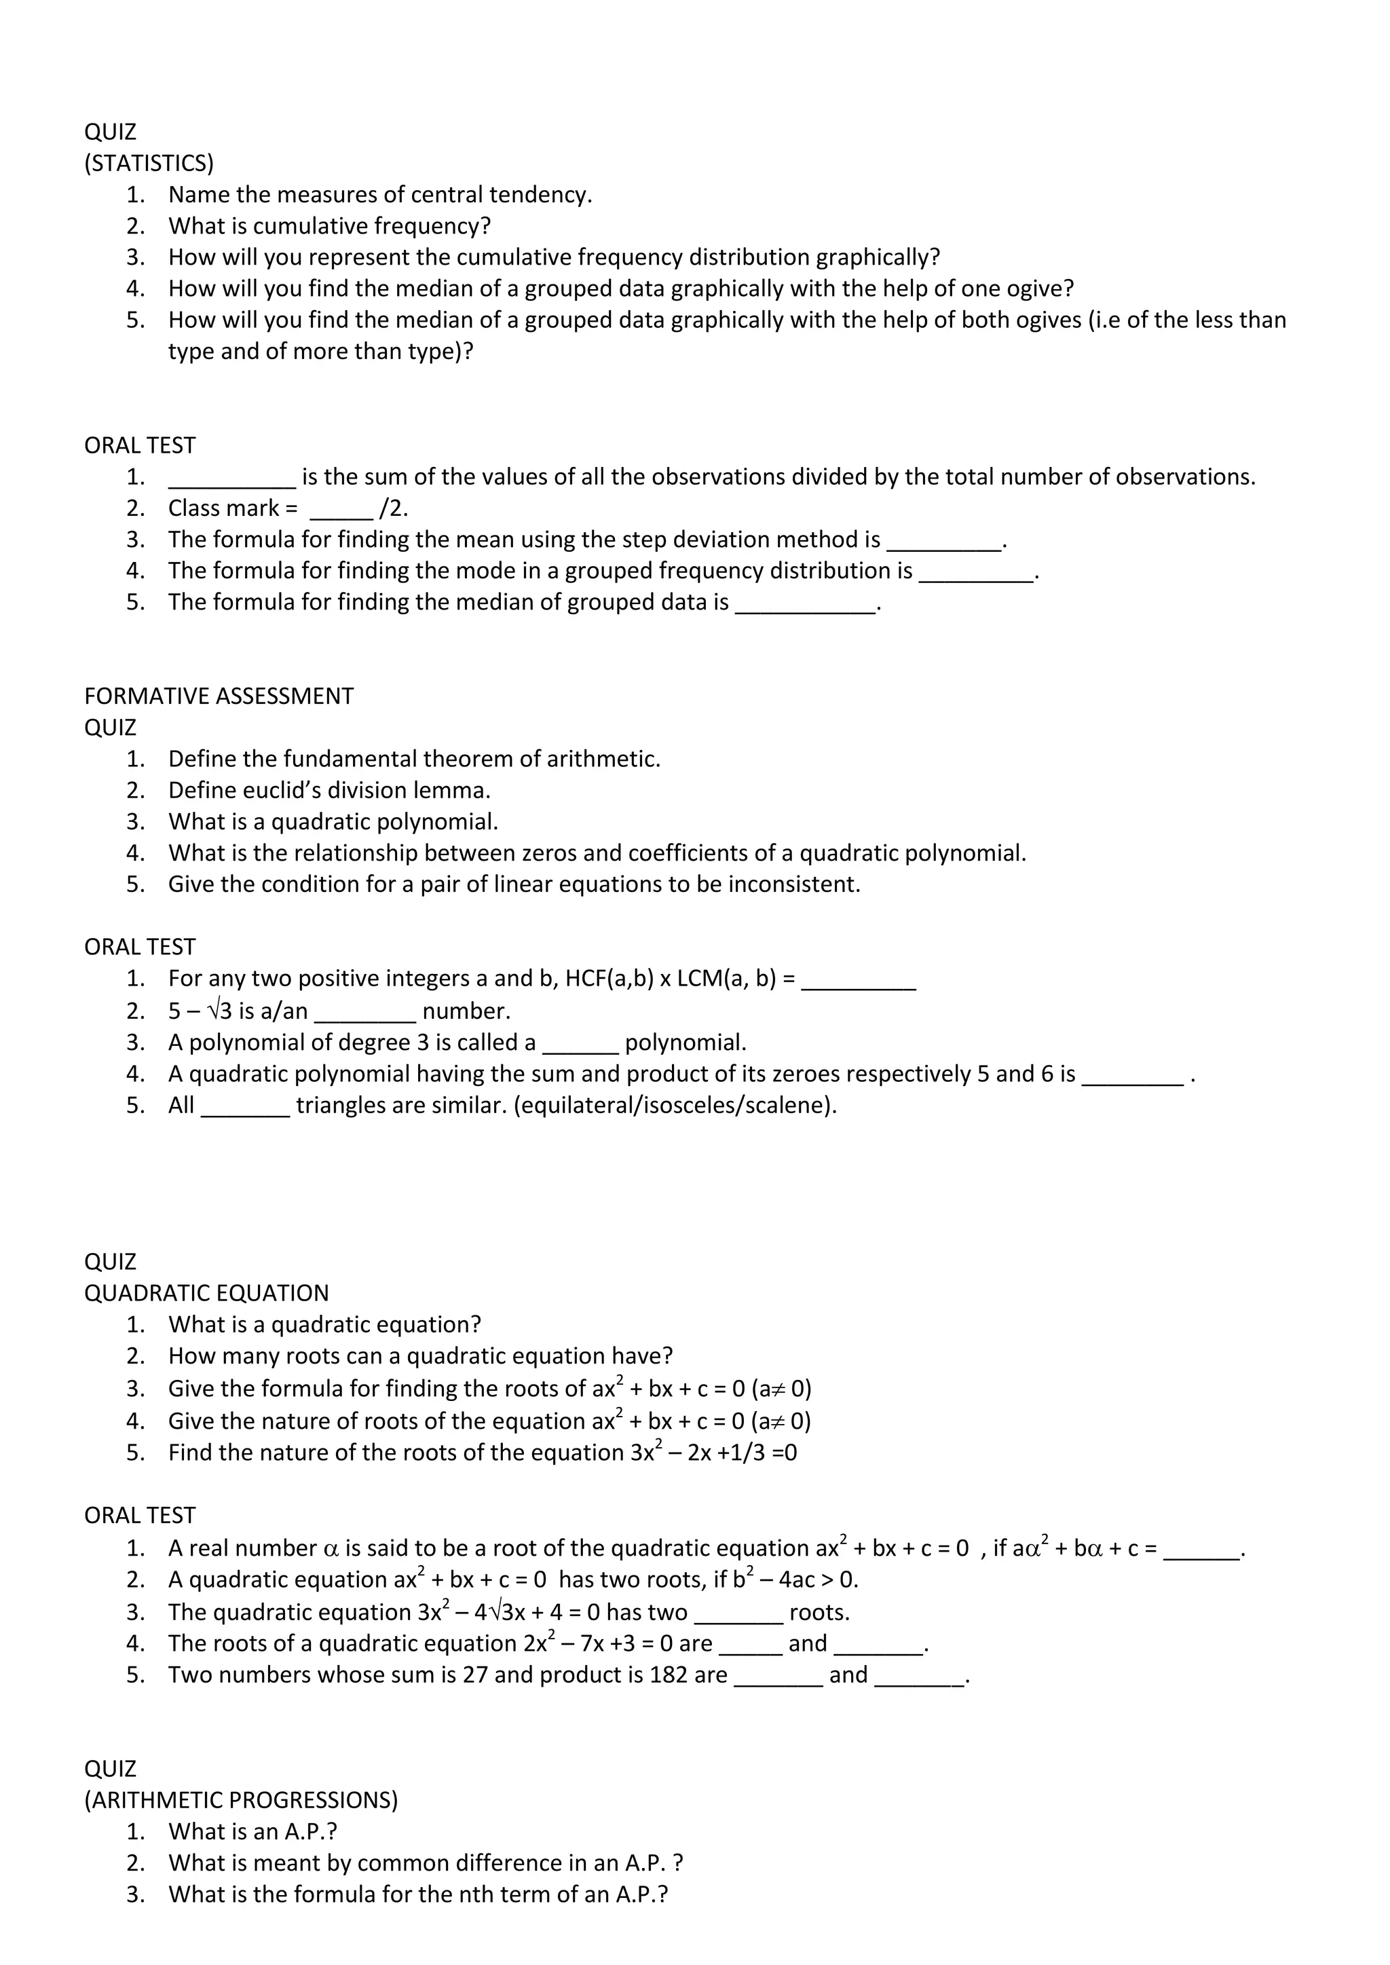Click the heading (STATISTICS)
coord(149,163)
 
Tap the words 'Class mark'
coord(223,508)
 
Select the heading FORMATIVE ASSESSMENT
coord(219,696)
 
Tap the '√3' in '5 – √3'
coord(220,1011)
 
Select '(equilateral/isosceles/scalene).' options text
coord(675,1105)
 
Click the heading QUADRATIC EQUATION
coord(206,1293)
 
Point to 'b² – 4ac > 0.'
coord(795,1579)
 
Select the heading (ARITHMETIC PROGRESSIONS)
coord(240,1800)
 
